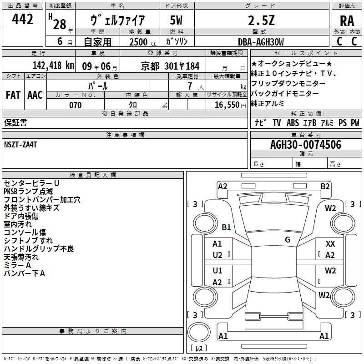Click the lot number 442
coord(22,19)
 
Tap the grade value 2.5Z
coord(261,20)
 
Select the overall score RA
coord(347,21)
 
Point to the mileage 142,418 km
coord(53,66)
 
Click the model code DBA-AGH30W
coord(261,42)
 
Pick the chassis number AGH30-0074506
coord(306,145)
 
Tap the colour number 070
coord(75,105)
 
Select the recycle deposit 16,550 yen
coord(230,105)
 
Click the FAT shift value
coord(13,95)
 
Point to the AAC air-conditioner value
coord(35,95)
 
